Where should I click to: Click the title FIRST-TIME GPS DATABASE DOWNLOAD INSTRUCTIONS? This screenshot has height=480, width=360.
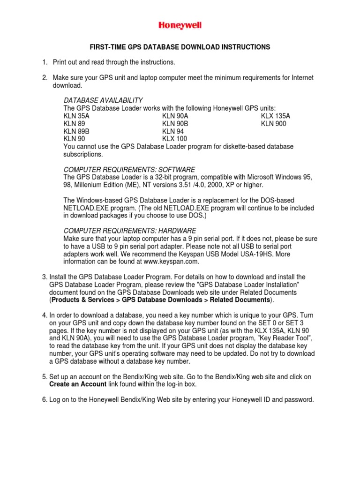coord(180,47)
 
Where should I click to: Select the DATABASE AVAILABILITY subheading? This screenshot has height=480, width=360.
coord(103,100)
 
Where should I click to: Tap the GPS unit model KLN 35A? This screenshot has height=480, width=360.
coord(76,116)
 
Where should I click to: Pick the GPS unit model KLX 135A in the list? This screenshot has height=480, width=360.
coord(276,116)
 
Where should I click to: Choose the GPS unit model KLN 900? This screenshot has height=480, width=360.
coord(273,124)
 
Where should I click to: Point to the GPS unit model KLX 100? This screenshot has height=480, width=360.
coord(174,139)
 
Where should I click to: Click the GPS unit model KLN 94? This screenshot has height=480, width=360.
coord(172,131)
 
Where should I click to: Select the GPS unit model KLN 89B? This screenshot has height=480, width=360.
coord(76,131)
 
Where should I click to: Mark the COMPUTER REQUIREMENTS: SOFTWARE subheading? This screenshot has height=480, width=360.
coord(129,169)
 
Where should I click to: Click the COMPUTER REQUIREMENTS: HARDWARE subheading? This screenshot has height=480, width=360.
coord(130,231)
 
